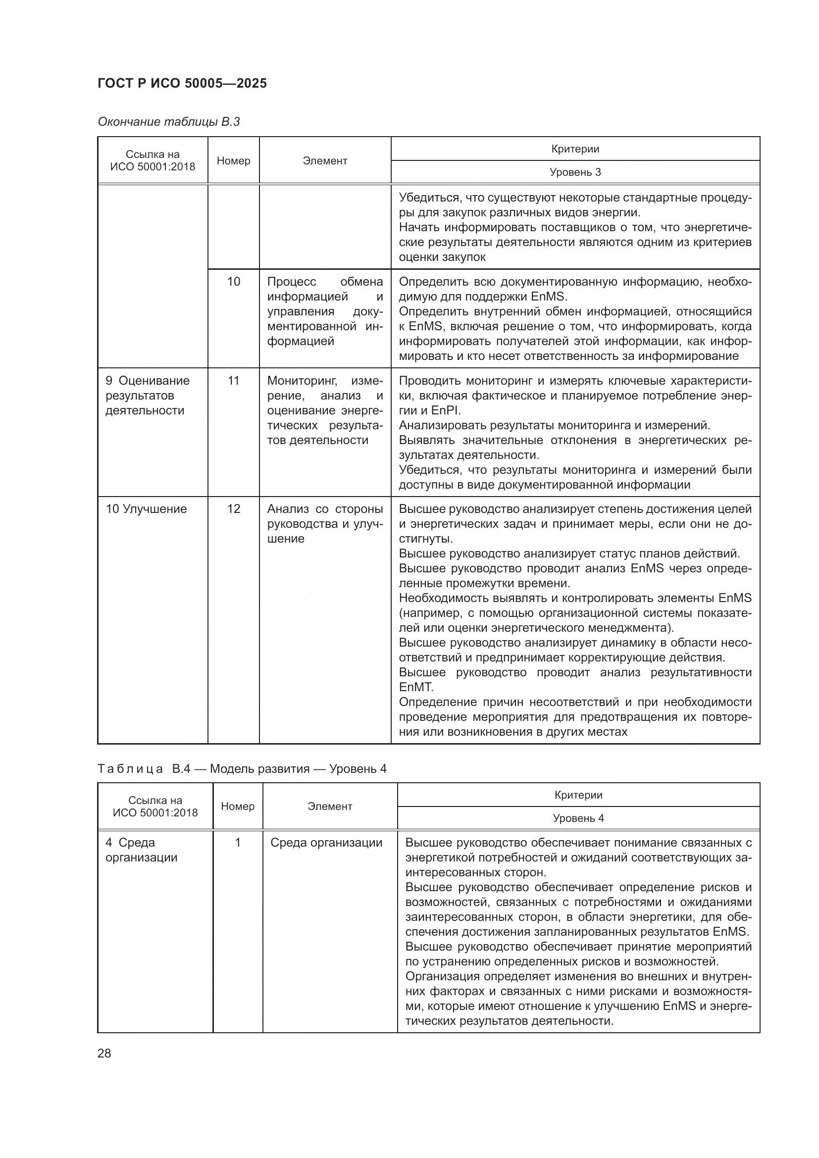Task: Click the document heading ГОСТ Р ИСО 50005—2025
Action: [182, 83]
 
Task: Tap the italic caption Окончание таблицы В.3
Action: [168, 122]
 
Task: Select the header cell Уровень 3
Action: [575, 172]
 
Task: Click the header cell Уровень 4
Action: [578, 818]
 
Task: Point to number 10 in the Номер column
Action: [234, 281]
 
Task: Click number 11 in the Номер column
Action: [234, 380]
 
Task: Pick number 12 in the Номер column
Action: [234, 509]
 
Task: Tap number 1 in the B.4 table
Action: [238, 843]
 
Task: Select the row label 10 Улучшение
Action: [146, 509]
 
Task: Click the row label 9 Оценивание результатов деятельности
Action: [147, 396]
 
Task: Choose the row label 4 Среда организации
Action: [141, 850]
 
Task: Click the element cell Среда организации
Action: [326, 843]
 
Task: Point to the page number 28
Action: [104, 1053]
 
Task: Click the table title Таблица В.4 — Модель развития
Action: [242, 769]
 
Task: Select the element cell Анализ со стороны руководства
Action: [325, 523]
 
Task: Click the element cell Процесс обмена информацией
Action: [325, 311]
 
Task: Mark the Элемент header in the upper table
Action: [325, 161]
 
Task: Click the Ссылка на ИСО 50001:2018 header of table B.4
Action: [155, 806]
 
